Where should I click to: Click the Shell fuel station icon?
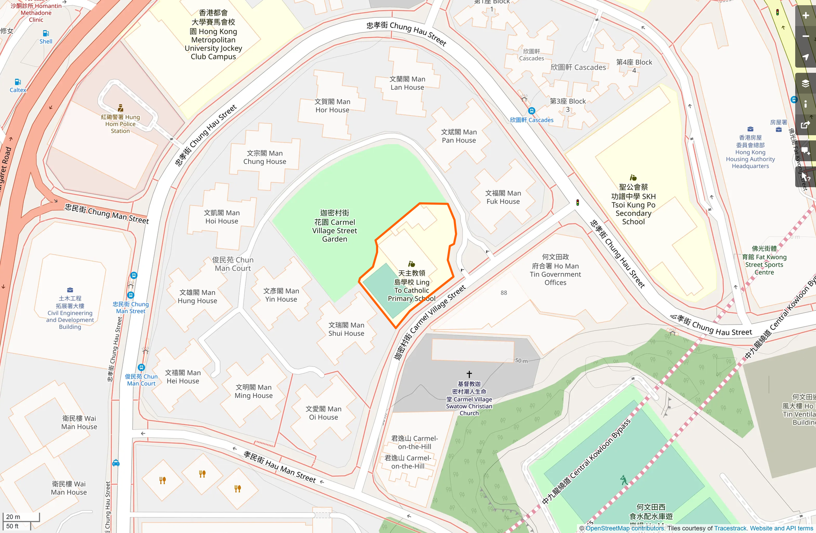point(46,33)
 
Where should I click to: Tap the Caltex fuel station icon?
point(18,82)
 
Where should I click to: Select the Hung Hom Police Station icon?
point(120,108)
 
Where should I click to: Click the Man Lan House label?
point(407,83)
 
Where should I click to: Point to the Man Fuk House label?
point(503,197)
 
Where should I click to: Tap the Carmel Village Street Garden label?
point(334,226)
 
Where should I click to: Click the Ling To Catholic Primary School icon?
point(411,264)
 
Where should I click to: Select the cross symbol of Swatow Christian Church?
point(469,374)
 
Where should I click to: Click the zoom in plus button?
point(805,16)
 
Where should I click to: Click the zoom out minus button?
point(805,36)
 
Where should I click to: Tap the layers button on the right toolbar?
point(805,83)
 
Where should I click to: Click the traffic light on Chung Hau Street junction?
point(577,202)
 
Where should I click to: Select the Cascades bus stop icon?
point(531,111)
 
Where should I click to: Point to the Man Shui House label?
point(346,329)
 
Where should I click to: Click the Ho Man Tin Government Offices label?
point(555,270)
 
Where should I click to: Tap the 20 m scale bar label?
point(13,517)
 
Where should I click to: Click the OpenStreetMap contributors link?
point(625,528)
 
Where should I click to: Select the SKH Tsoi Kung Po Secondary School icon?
point(633,178)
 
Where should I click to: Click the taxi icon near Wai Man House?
point(116,463)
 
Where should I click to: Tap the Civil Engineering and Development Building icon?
point(70,290)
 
